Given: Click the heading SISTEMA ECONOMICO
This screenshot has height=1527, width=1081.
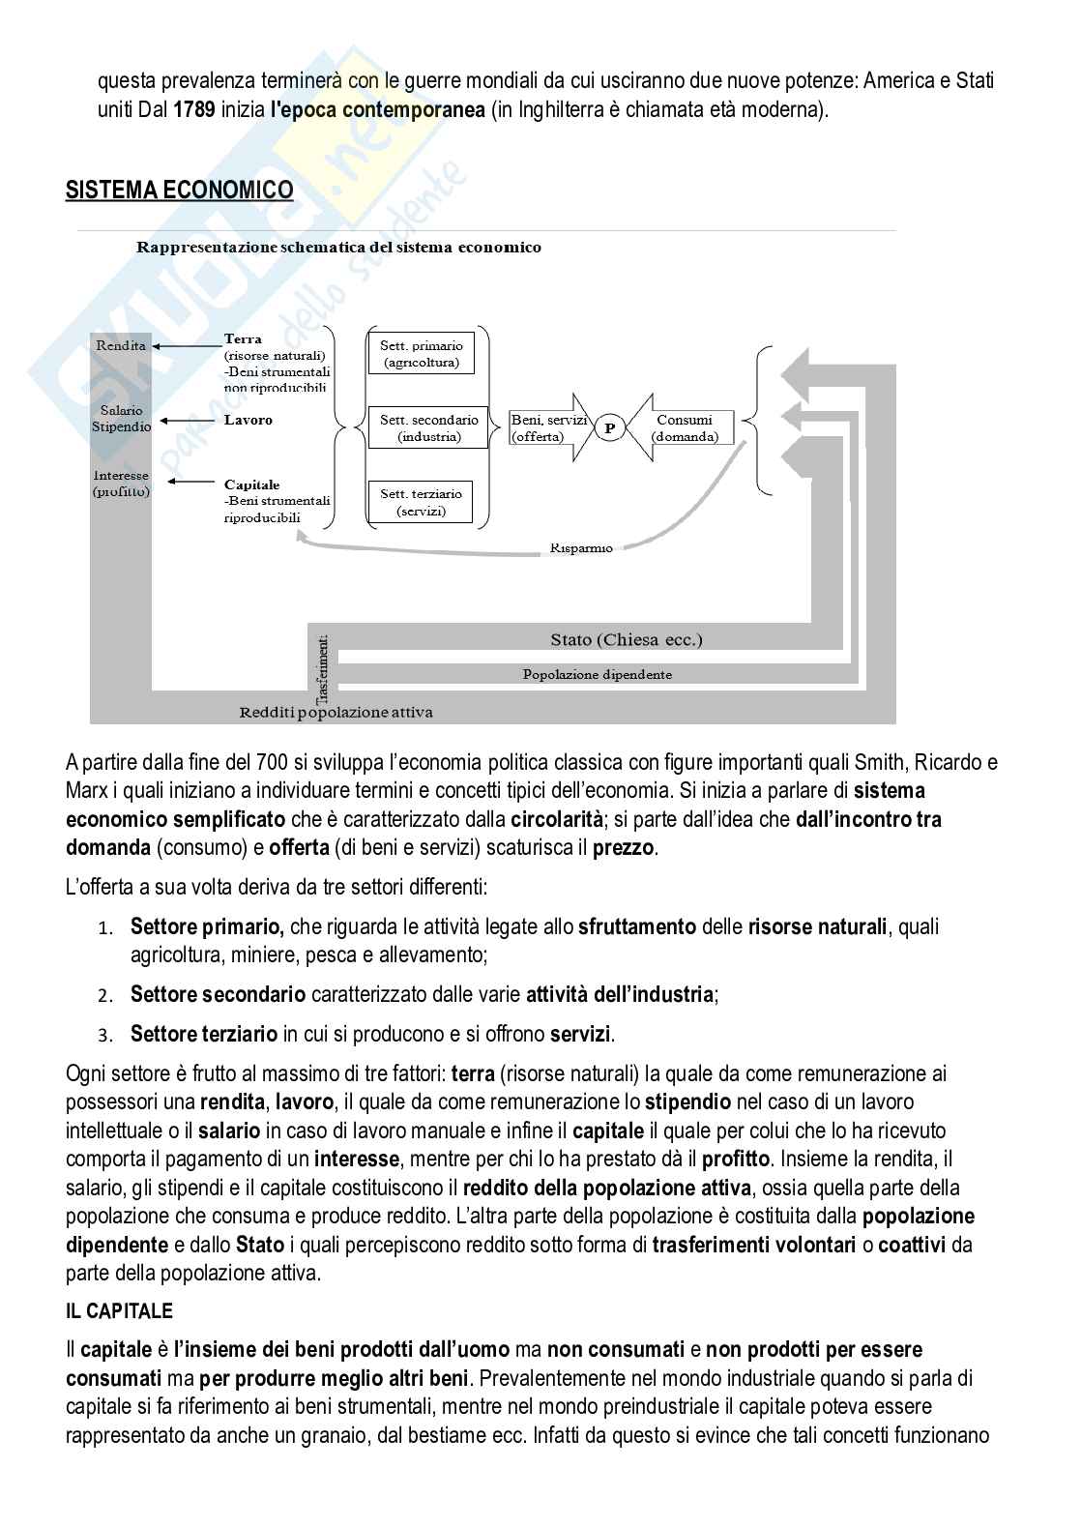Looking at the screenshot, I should tap(179, 191).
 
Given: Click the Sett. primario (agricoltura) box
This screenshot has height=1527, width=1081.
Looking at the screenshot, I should tap(421, 354).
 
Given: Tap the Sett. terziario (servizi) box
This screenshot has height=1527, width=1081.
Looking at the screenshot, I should tap(421, 502).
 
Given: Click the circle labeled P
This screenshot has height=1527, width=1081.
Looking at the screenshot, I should tap(609, 427).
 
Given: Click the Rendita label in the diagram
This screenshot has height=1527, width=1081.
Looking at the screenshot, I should tap(121, 345).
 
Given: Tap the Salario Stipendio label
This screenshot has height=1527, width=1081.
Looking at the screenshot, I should tap(121, 419).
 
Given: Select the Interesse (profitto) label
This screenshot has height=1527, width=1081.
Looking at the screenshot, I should tap(121, 483).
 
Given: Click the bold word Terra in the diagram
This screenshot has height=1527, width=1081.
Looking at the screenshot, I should tap(243, 339).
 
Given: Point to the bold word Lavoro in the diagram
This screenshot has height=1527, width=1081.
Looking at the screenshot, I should tap(248, 420).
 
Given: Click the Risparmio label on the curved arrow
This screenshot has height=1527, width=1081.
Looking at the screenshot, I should tap(580, 547).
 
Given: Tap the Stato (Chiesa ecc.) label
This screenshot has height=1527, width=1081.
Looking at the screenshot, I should tap(626, 639).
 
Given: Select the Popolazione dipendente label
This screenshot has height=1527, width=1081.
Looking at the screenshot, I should tap(597, 674).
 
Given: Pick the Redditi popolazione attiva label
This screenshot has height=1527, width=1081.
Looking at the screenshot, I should tap(336, 713).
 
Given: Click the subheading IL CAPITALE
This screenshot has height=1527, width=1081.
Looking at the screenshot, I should tap(119, 1311).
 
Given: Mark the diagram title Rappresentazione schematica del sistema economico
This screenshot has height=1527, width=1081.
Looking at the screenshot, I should tap(338, 247).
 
